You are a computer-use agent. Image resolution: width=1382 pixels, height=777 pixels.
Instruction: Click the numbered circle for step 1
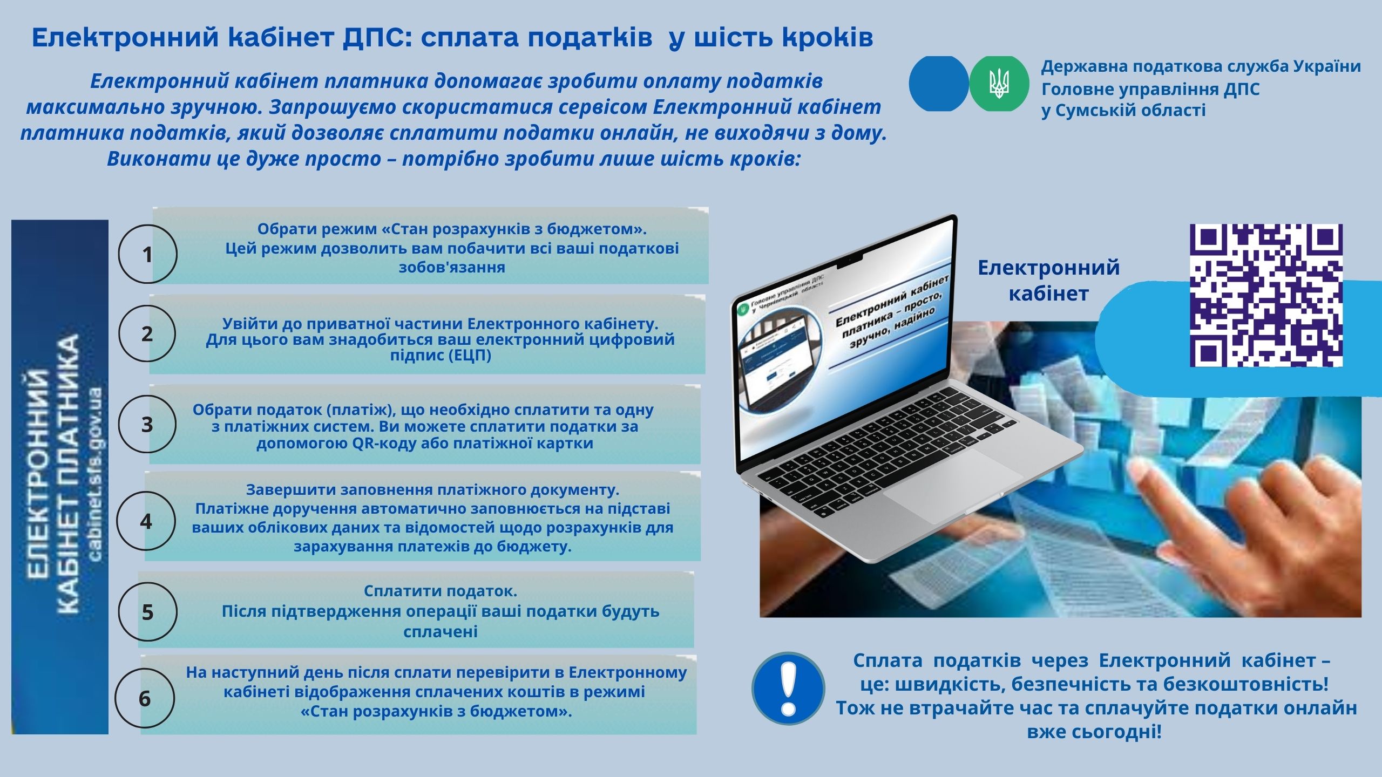click(147, 254)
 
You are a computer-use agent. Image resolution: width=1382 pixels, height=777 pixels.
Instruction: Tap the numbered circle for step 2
click(147, 333)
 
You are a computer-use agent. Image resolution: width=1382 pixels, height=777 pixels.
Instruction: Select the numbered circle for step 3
click(147, 424)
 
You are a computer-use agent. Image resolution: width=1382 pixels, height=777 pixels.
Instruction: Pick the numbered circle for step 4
click(146, 521)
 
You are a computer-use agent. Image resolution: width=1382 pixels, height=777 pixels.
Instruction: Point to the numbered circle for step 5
click(147, 611)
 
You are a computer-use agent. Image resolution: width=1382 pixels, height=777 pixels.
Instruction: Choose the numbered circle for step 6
click(145, 698)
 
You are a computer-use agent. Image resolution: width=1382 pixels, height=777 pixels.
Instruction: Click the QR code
click(1266, 296)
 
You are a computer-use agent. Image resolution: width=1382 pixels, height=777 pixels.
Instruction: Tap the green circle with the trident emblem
click(999, 84)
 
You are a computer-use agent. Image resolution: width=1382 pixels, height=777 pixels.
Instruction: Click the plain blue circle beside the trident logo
click(939, 84)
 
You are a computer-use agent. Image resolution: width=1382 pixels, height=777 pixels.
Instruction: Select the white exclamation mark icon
click(788, 688)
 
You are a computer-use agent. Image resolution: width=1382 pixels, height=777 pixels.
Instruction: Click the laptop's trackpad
click(953, 486)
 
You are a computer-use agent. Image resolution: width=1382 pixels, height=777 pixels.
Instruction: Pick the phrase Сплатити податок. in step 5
click(441, 591)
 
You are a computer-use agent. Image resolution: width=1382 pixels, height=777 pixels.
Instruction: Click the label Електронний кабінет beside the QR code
click(1049, 280)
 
